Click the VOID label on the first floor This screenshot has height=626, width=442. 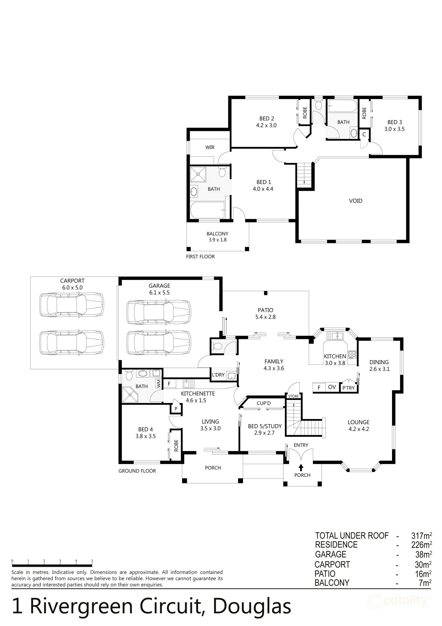pyautogui.click(x=355, y=201)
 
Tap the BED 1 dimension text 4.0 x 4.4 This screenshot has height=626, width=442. pyautogui.click(x=263, y=189)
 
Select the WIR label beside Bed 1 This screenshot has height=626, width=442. pyautogui.click(x=210, y=147)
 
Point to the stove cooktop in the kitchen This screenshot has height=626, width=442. pyautogui.click(x=352, y=354)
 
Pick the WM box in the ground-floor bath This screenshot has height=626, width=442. pyautogui.click(x=158, y=383)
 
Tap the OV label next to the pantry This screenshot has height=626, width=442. pyautogui.click(x=332, y=387)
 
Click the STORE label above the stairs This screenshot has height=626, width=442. pyautogui.click(x=293, y=396)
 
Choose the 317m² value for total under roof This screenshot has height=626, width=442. pyautogui.click(x=421, y=536)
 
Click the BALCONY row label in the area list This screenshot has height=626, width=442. pyautogui.click(x=332, y=583)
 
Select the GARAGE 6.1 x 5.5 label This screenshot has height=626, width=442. pyautogui.click(x=159, y=289)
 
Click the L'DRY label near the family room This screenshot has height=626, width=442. pyautogui.click(x=218, y=375)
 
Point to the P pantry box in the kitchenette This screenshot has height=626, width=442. pyautogui.click(x=176, y=409)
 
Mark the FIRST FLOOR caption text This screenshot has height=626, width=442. pyautogui.click(x=200, y=257)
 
